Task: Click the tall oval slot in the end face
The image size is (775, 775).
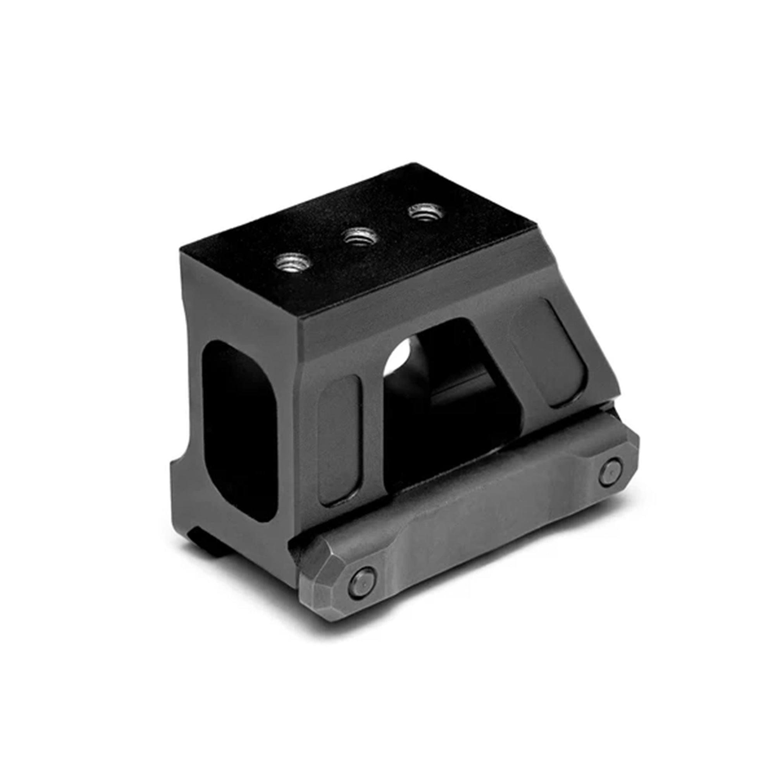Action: coord(239,429)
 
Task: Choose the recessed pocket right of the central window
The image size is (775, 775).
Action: coord(549,353)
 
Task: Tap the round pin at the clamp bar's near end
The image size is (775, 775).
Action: coord(362,579)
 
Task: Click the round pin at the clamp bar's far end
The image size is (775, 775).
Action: coord(611,472)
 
